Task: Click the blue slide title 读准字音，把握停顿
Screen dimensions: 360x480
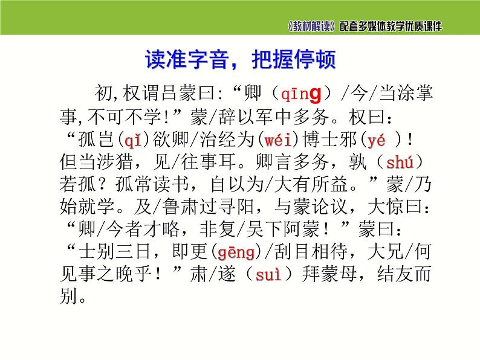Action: tap(240, 60)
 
